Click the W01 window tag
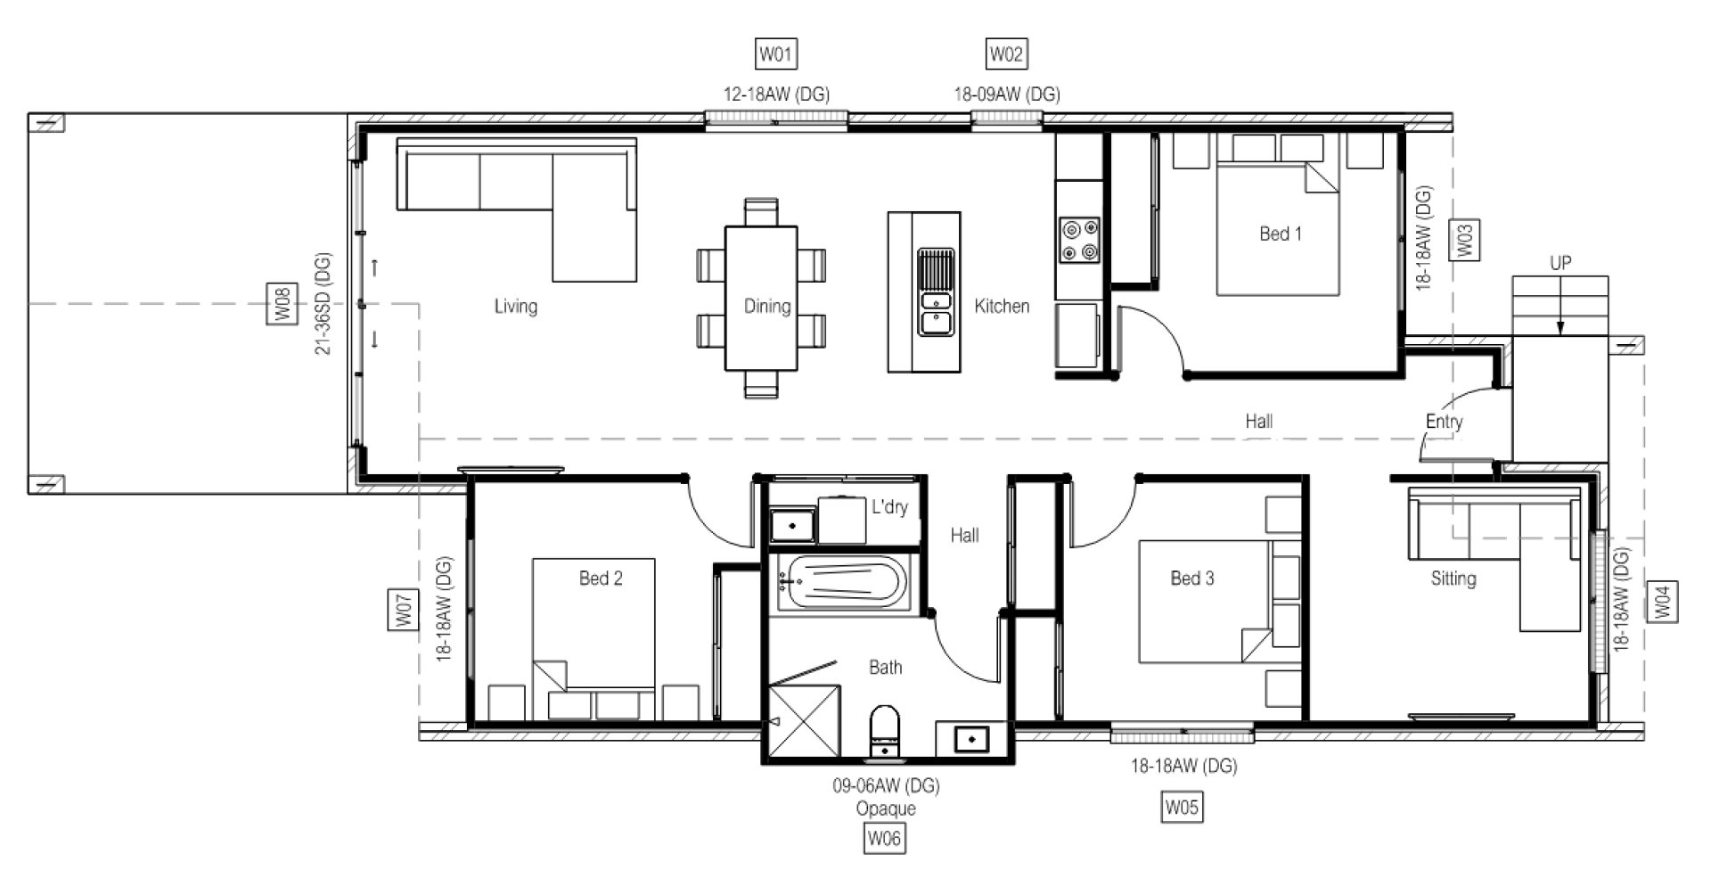click(x=775, y=54)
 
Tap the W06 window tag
click(x=884, y=838)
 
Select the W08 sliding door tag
click(x=282, y=304)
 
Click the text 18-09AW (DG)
click(x=1007, y=94)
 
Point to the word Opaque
click(x=886, y=808)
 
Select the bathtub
click(x=842, y=584)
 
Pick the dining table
click(x=761, y=299)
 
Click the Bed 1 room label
click(x=1281, y=234)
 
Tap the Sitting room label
click(x=1453, y=579)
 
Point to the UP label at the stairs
click(x=1560, y=263)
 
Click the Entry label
click(x=1444, y=422)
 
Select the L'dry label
click(x=889, y=507)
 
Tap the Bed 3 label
click(x=1192, y=579)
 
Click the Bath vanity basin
click(x=969, y=739)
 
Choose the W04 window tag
click(x=1662, y=602)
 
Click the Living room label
click(x=516, y=307)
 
